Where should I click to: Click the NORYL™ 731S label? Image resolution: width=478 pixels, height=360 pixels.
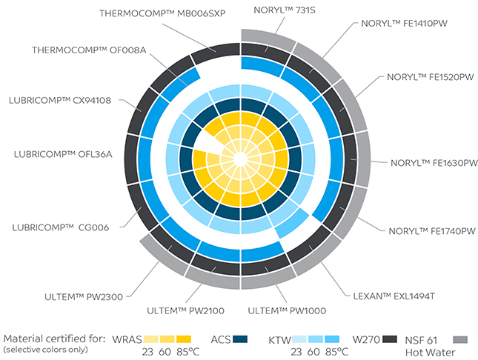tap(285, 10)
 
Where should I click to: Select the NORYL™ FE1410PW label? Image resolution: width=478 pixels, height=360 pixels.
tap(404, 24)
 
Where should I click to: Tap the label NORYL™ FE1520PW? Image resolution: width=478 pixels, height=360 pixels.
tap(431, 77)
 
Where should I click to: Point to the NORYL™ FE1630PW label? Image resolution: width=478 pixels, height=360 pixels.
tap(434, 163)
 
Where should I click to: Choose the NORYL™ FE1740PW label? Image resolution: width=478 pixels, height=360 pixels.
tap(432, 231)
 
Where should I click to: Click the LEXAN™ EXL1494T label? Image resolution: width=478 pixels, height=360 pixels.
tap(394, 296)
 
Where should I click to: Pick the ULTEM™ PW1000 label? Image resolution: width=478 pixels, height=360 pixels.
tap(287, 310)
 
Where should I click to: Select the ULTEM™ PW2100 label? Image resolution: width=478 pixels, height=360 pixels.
tap(186, 310)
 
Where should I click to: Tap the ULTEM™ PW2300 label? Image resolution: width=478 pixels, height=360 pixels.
tap(84, 297)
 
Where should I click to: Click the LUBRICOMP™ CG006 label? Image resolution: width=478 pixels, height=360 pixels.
tap(60, 227)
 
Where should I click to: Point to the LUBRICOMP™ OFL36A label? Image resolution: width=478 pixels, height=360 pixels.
tap(63, 154)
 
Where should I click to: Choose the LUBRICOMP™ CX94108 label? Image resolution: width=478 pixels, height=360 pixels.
tap(60, 100)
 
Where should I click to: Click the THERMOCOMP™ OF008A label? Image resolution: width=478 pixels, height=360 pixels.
tap(89, 50)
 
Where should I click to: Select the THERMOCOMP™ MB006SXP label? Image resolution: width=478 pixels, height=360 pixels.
tap(162, 13)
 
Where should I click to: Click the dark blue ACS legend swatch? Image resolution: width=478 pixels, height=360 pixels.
tap(240, 339)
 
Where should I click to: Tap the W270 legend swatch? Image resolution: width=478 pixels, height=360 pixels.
tap(390, 339)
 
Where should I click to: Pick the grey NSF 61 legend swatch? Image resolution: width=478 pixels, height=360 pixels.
tap(460, 339)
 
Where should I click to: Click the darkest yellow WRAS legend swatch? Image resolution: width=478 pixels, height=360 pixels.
tap(184, 339)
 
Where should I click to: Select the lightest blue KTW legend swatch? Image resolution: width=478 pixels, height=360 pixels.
tap(299, 339)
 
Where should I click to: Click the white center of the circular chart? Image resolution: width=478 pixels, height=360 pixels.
tap(241, 159)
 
